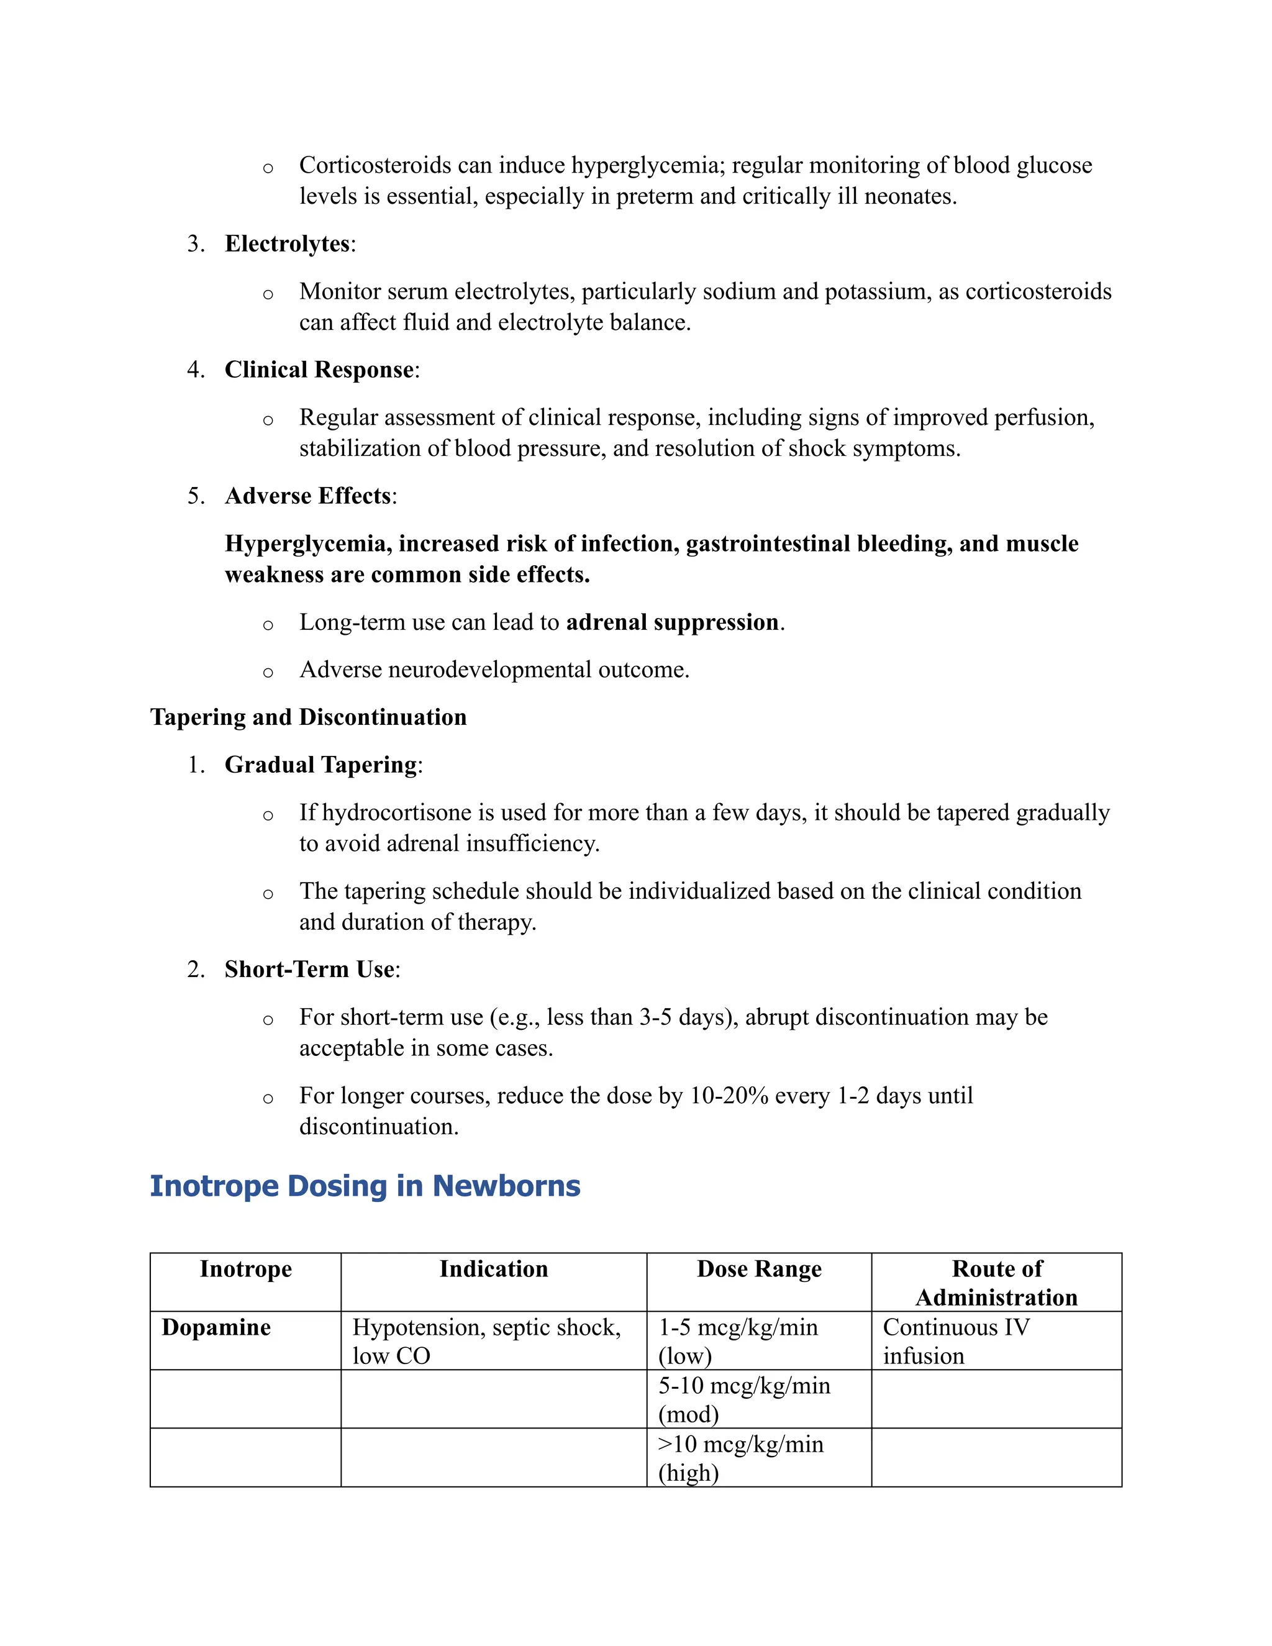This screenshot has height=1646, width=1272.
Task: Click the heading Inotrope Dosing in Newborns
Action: [365, 1186]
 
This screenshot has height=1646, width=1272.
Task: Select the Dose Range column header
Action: [759, 1269]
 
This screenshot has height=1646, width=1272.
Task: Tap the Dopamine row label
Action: [216, 1327]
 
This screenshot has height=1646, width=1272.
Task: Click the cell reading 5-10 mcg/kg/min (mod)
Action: [745, 1399]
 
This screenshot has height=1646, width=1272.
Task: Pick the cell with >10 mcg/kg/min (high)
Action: [741, 1458]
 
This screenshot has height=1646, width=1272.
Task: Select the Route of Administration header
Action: [996, 1283]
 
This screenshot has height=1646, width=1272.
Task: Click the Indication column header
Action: [494, 1269]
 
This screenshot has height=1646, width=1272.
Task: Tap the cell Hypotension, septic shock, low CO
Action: [486, 1342]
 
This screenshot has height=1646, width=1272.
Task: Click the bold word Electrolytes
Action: [287, 244]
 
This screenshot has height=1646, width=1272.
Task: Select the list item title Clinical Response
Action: [319, 370]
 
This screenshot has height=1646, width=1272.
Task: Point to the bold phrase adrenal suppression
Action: [672, 622]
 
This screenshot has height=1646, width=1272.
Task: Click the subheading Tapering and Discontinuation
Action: [308, 717]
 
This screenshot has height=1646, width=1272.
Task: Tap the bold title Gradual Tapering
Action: [321, 765]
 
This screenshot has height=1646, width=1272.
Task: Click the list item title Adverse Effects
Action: [308, 496]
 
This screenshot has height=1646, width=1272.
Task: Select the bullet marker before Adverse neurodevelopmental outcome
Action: [268, 672]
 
